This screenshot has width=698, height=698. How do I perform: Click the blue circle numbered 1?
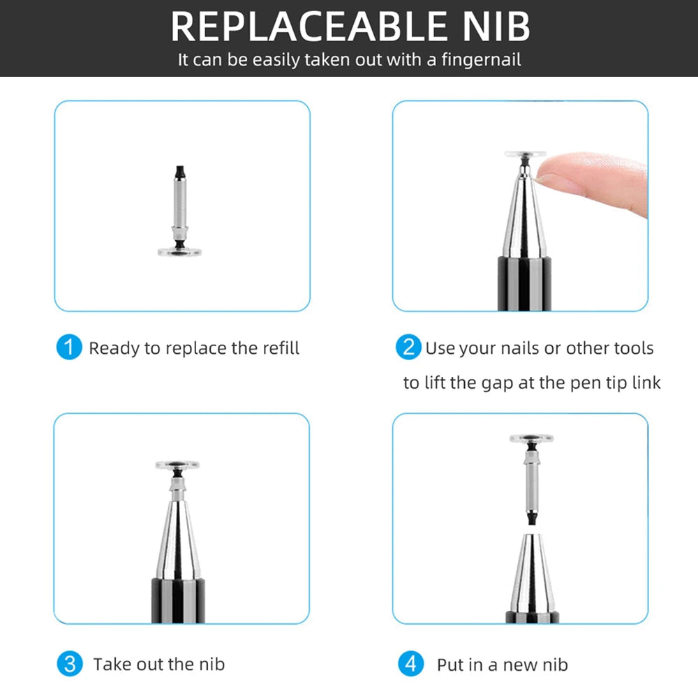[69, 348]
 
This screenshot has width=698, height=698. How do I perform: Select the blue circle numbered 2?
[408, 348]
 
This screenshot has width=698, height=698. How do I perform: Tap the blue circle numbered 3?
[69, 663]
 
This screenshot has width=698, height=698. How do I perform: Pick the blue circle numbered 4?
[410, 663]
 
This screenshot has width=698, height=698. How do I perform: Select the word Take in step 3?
[112, 664]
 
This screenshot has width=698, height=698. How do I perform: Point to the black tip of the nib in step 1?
[181, 170]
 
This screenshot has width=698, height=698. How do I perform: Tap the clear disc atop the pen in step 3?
[177, 464]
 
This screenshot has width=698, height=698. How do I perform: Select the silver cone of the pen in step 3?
[177, 537]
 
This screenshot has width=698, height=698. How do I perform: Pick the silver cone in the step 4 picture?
[531, 576]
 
